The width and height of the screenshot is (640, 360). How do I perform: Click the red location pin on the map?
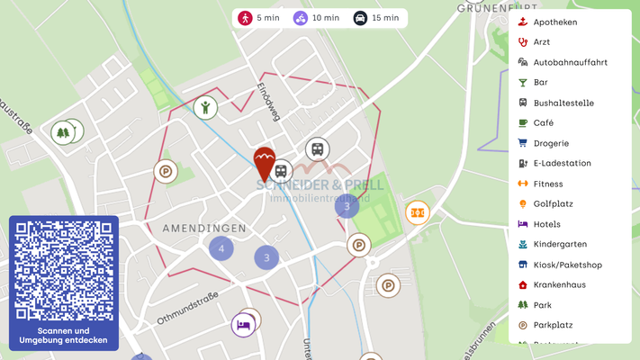[x=264, y=163]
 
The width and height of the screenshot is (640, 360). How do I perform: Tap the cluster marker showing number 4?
[x=221, y=247]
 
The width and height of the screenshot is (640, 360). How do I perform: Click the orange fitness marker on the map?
[x=417, y=213]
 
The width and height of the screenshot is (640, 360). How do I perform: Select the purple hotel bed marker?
[x=242, y=324]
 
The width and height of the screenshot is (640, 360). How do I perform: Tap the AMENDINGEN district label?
[x=204, y=229]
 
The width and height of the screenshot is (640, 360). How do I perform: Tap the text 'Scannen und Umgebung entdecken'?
[x=64, y=335]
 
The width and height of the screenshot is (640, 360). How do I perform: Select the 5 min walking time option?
[x=257, y=18]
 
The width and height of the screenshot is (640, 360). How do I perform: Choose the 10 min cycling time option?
[x=317, y=18]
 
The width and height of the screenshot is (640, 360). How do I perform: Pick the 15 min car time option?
[x=376, y=18]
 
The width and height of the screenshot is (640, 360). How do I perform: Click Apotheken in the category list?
[x=554, y=22]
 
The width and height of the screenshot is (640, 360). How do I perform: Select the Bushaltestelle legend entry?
[x=563, y=103]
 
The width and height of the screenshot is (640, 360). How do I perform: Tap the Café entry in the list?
[x=543, y=122]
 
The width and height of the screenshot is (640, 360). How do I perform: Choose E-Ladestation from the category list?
[x=562, y=163]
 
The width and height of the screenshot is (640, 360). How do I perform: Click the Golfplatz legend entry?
[x=553, y=203]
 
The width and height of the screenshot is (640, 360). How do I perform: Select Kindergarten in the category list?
[x=560, y=244]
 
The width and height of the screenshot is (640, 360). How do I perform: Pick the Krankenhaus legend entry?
[x=559, y=284]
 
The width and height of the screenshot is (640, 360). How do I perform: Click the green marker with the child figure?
[x=205, y=108]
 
